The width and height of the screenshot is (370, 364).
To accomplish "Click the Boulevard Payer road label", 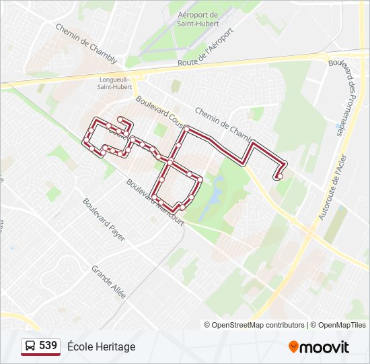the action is [x=104, y=219].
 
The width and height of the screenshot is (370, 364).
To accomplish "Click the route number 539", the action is [x=48, y=346].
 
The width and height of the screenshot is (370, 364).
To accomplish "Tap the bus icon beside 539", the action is [x=30, y=346].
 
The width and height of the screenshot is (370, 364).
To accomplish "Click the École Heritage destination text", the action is [x=102, y=346].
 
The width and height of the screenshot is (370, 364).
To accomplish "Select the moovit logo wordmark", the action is [x=325, y=347].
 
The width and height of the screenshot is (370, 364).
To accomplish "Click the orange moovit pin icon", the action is [x=294, y=346].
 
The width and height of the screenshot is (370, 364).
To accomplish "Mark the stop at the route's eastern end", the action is [x=279, y=177].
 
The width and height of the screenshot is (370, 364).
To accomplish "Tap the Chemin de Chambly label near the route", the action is [x=220, y=121].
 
